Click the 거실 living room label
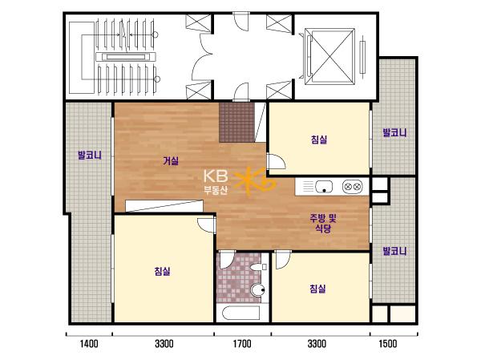[x=171, y=160]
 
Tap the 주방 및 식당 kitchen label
[x=323, y=223]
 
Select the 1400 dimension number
[x=89, y=343]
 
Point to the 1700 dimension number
[x=242, y=343]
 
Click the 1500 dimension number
[x=388, y=343]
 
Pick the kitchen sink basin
[x=324, y=186]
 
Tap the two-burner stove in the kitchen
[x=352, y=186]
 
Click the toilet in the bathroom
[x=257, y=289]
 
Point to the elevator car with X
[x=329, y=56]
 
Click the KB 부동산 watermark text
[x=216, y=182]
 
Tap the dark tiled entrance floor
[x=236, y=122]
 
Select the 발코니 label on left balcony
[x=90, y=155]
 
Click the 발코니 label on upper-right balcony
[x=394, y=132]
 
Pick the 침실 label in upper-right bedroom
[x=319, y=140]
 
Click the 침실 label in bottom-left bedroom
[x=162, y=271]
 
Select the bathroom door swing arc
[x=227, y=260]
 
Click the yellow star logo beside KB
[x=255, y=181]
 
